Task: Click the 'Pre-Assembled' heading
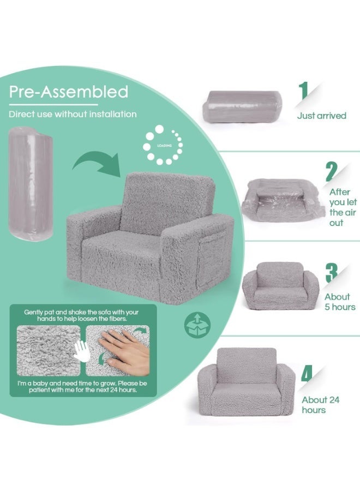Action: tap(68, 91)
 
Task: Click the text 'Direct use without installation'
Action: tap(73, 114)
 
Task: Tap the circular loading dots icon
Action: tap(163, 145)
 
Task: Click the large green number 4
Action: tap(307, 374)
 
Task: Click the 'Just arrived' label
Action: tap(321, 116)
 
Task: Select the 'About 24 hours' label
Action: tap(321, 405)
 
